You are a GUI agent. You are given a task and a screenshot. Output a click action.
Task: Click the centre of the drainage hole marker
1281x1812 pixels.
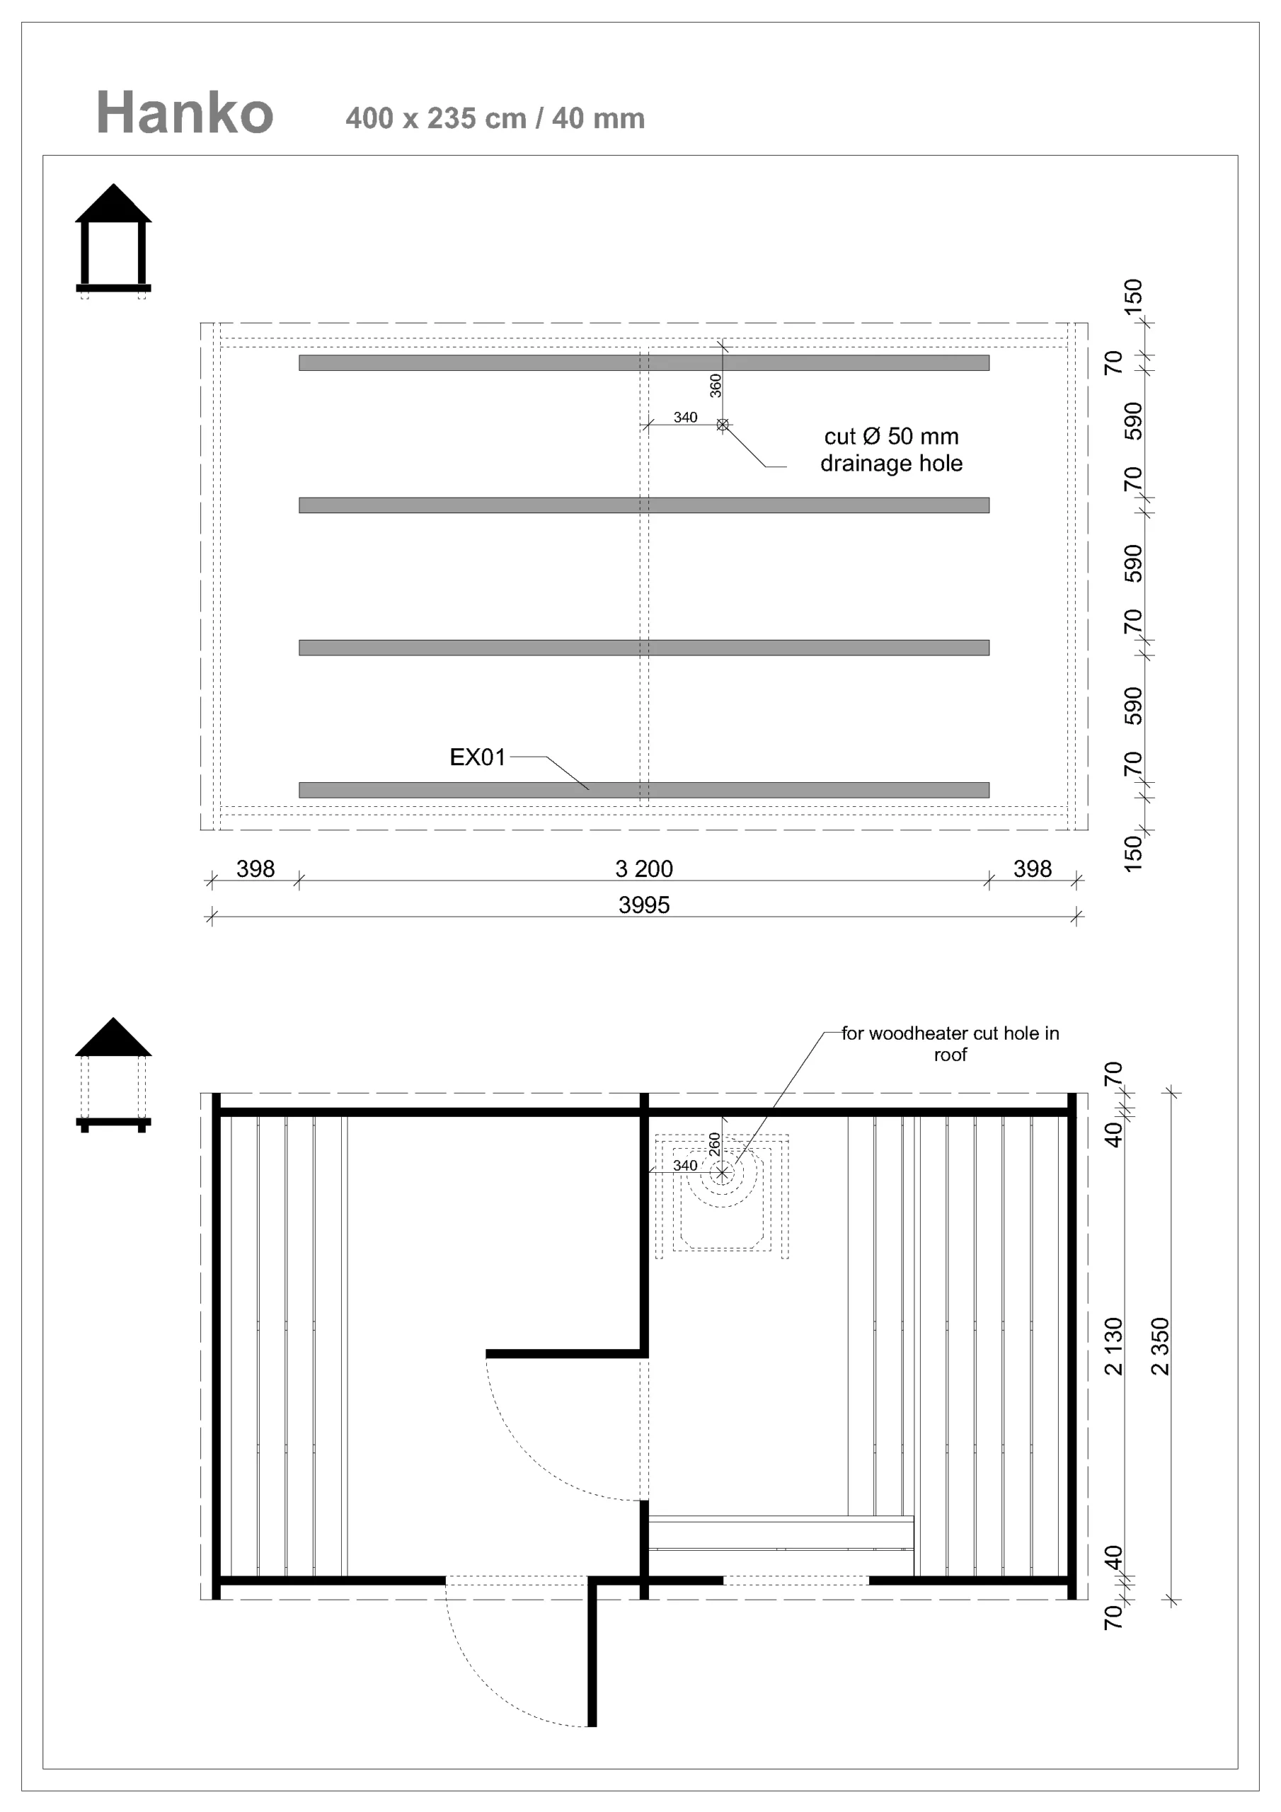click(722, 425)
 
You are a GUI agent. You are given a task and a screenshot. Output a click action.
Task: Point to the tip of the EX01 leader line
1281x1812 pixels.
click(589, 789)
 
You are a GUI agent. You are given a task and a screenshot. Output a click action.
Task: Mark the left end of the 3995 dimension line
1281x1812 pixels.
click(210, 916)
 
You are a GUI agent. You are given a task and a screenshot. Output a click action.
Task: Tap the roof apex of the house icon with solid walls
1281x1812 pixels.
click(114, 185)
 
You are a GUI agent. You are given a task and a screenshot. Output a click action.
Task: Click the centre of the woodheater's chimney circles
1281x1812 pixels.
click(721, 1174)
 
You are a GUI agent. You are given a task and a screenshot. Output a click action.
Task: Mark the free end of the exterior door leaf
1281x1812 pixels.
click(592, 1727)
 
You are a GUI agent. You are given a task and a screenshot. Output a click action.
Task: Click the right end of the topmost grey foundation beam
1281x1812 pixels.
click(989, 363)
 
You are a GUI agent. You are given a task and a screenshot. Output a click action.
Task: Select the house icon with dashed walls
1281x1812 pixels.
click(114, 1075)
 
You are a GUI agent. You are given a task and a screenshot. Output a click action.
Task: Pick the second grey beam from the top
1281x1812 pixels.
click(644, 505)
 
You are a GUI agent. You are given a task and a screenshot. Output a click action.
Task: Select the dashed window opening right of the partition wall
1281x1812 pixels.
click(795, 1580)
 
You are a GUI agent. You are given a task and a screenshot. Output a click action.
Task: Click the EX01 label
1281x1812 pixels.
click(478, 757)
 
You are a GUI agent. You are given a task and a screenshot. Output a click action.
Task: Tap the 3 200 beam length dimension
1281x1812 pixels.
click(644, 869)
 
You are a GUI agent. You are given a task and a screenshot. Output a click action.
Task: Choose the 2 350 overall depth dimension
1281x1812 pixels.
click(1160, 1346)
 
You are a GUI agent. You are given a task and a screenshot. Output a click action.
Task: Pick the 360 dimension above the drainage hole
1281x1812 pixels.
click(715, 385)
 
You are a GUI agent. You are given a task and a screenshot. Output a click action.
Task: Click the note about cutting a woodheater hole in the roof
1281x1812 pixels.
click(950, 1043)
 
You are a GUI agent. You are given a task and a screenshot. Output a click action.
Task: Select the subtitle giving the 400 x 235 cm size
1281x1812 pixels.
click(495, 118)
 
